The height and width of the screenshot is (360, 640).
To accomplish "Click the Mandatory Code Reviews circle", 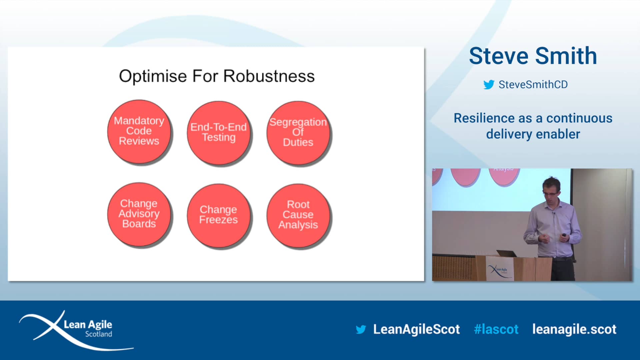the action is [139, 131].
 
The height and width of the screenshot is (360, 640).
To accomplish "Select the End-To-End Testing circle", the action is [218, 133].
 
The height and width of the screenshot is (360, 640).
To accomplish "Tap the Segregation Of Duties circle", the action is [298, 133].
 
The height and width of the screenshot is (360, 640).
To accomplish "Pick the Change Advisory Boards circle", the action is [139, 214].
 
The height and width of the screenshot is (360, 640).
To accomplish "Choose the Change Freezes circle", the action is [218, 215].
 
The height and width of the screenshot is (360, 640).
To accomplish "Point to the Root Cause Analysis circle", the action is [298, 215].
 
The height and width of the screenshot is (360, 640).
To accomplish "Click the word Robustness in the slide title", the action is [269, 76].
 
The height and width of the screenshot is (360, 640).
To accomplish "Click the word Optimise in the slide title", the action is [153, 77].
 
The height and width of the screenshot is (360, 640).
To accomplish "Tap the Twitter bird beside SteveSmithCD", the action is [489, 85].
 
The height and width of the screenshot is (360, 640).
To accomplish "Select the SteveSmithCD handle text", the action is [533, 85].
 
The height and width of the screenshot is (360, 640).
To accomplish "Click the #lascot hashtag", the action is [496, 329].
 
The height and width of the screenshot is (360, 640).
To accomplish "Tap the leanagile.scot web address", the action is [574, 329].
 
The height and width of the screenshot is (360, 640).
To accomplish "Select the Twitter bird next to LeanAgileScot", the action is [361, 330].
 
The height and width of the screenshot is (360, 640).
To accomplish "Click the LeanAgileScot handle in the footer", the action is [416, 329].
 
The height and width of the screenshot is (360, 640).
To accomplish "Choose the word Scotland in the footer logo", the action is [98, 334].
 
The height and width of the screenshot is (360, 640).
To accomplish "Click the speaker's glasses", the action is [550, 194].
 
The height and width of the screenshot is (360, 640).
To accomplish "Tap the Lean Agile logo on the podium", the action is [498, 270].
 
